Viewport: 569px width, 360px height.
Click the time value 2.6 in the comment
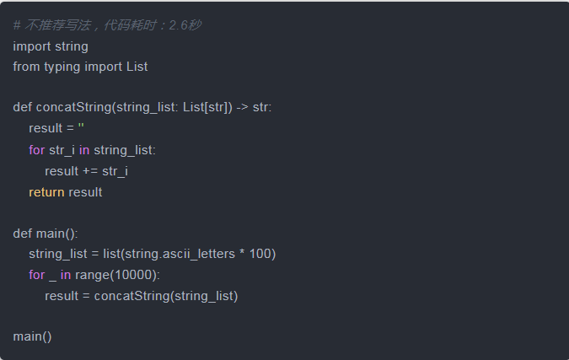pyautogui.click(x=180, y=25)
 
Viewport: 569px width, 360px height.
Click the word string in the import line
pyautogui.click(x=71, y=46)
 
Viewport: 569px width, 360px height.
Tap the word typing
pyautogui.click(x=63, y=67)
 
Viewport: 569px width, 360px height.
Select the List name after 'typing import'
pyautogui.click(x=137, y=67)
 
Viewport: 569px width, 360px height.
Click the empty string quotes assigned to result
pyautogui.click(x=81, y=129)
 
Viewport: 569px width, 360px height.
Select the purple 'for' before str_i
pyautogui.click(x=36, y=149)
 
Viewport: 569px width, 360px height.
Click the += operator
pyautogui.click(x=89, y=170)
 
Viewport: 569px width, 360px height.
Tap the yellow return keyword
pyautogui.click(x=46, y=191)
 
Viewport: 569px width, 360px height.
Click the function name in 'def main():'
pyautogui.click(x=51, y=233)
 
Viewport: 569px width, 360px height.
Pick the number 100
pyautogui.click(x=261, y=254)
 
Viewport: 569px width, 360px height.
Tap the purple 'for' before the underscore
pyautogui.click(x=36, y=275)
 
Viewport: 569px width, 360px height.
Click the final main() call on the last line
pyautogui.click(x=32, y=336)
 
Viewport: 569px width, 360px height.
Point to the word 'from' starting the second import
pyautogui.click(x=26, y=67)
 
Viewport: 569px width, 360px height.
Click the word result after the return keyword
pyautogui.click(x=85, y=191)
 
